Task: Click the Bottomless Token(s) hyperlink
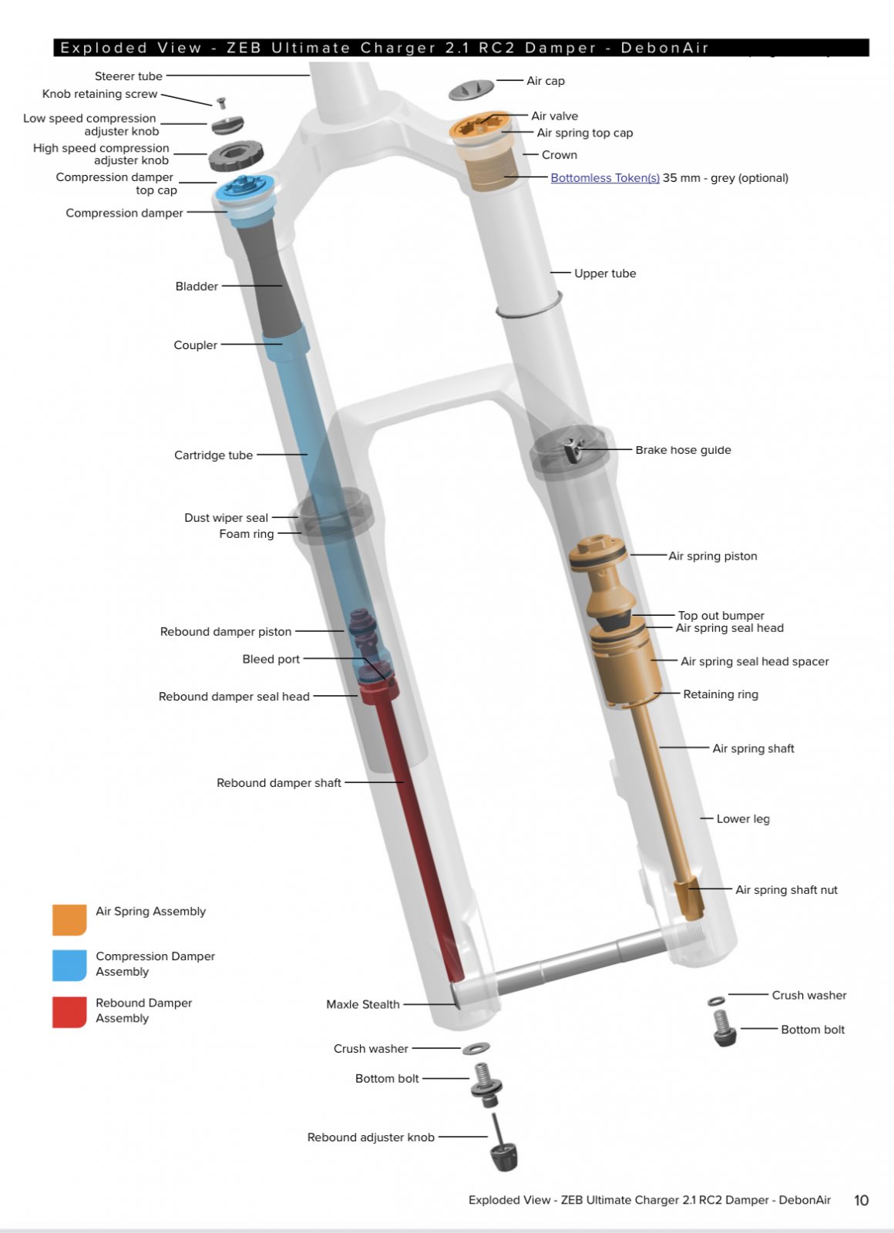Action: point(605,178)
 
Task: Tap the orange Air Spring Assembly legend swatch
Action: point(69,920)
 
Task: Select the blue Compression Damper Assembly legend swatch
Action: point(69,966)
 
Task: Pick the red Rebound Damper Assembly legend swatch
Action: point(69,1013)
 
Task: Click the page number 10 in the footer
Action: point(861,1201)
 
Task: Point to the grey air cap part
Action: point(471,89)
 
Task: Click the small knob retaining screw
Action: point(221,102)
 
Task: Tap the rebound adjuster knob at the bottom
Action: point(504,1151)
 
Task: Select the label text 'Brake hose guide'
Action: point(683,450)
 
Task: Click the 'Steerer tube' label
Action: point(128,76)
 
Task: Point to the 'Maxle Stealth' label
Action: point(363,1005)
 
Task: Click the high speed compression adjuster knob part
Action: point(236,156)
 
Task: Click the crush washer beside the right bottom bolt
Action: point(716,1001)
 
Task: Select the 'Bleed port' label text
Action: point(271,660)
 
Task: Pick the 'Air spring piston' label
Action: point(713,556)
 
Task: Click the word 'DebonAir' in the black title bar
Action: point(665,48)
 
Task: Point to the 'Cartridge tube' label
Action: point(213,455)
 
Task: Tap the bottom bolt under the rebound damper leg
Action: point(486,1085)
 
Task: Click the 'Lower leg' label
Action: point(743,819)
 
